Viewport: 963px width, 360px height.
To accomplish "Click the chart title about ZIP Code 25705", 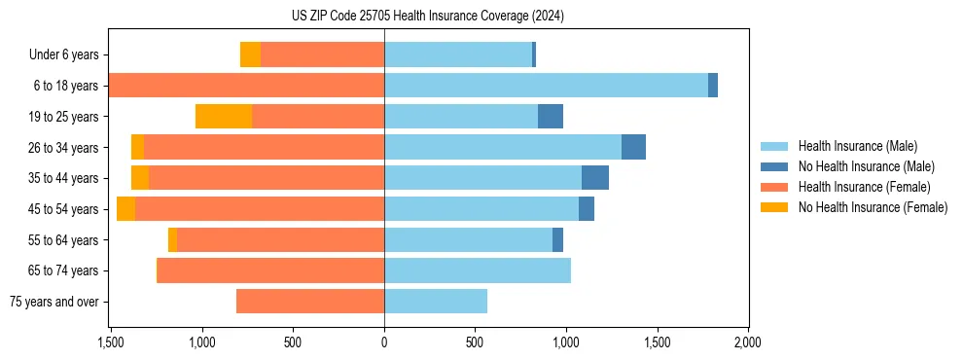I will point(427,16).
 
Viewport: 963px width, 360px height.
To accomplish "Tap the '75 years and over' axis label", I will point(54,302).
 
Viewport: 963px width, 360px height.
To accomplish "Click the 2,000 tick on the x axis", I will point(747,342).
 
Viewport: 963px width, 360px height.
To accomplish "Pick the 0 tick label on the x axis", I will point(384,342).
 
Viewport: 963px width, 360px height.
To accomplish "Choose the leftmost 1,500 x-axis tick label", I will point(110,342).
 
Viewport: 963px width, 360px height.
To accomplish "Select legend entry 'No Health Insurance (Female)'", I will point(873,207).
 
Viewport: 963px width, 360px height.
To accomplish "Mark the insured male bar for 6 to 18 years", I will point(546,86).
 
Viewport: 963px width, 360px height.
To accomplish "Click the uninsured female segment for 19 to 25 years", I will point(224,117).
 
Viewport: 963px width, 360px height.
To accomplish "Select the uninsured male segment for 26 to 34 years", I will point(633,147).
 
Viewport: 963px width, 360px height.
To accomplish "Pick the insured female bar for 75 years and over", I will point(310,302).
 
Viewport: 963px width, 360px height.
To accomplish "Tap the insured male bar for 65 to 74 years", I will point(478,270).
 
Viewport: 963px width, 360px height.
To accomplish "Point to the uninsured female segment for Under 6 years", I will point(250,55).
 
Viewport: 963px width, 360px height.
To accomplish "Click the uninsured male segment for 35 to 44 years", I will point(595,178).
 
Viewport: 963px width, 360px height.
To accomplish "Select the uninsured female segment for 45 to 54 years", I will point(125,209).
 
